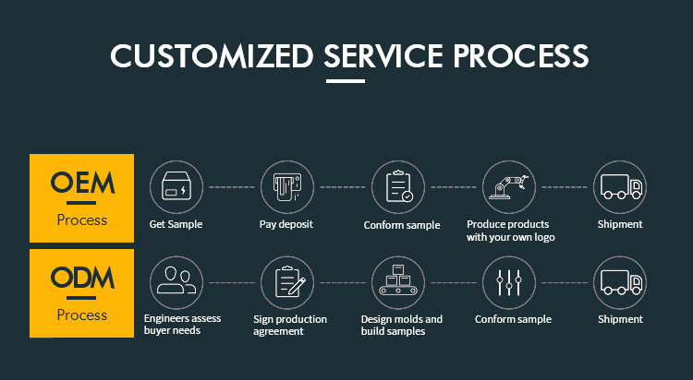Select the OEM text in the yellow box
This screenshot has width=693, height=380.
[x=82, y=184]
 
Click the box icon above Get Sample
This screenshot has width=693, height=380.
[x=176, y=186]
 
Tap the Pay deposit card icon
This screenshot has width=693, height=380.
[x=287, y=186]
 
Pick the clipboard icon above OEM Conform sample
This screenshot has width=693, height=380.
[x=398, y=186]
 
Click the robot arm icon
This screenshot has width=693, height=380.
[x=509, y=186]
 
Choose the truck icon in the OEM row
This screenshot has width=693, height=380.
[x=620, y=186]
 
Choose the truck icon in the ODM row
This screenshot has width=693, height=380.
[x=620, y=282]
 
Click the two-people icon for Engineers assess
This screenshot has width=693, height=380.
[x=176, y=282]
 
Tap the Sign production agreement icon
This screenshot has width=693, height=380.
[x=287, y=282]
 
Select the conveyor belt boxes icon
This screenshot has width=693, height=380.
[x=398, y=282]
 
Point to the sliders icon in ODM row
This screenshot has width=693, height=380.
[x=509, y=282]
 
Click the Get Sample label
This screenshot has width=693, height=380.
[x=176, y=224]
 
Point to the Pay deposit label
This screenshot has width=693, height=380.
[x=286, y=224]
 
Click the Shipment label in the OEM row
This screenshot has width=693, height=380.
[x=620, y=224]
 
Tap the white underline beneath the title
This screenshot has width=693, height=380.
[x=346, y=81]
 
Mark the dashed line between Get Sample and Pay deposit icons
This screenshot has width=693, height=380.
[x=231, y=186]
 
